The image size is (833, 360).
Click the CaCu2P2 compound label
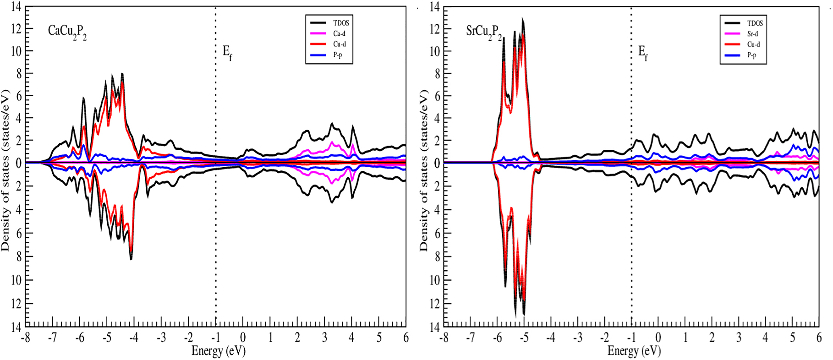67,32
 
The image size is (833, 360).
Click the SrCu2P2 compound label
484,32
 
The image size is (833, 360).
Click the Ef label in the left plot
227,53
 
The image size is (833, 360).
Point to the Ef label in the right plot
643,53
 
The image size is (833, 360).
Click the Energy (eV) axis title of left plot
219,351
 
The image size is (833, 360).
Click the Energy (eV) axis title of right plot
634,351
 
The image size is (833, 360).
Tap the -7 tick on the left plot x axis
52,338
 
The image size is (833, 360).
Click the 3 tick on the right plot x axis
739,338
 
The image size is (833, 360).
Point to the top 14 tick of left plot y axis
16,7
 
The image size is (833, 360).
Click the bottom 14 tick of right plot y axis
434,327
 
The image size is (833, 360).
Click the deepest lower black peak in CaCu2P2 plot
131,259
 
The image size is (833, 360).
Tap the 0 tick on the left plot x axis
243,338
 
